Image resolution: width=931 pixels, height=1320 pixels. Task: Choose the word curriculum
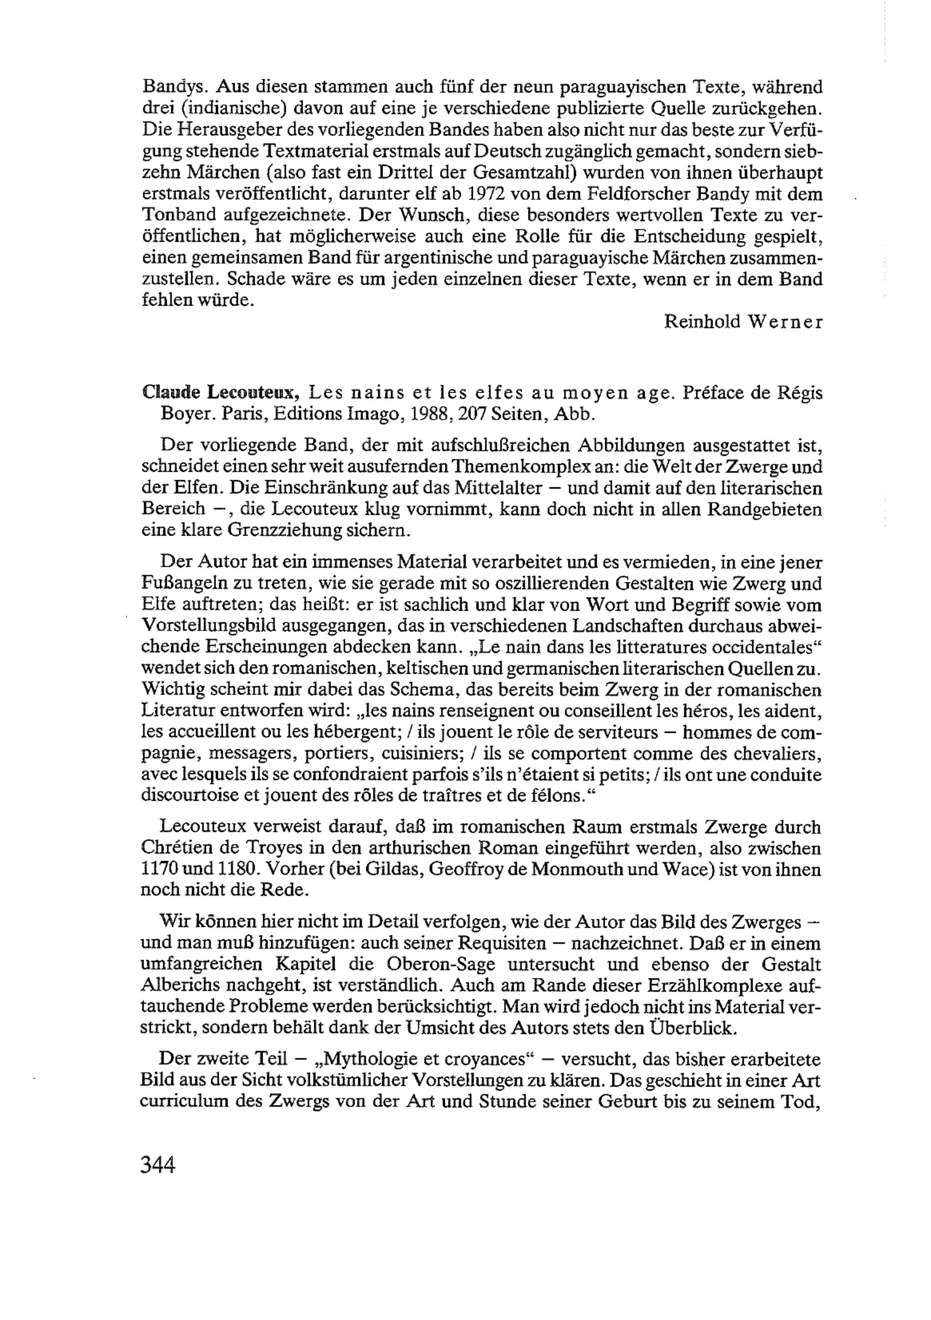183,1101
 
